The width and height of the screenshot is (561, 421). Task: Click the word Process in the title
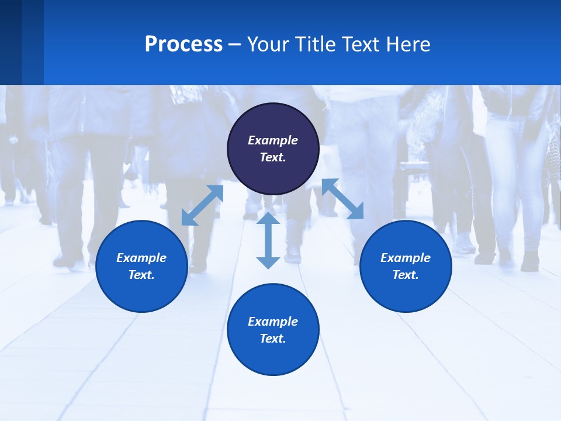point(183,44)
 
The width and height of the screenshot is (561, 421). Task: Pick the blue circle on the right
point(406,292)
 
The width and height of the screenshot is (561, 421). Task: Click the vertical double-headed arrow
point(268,240)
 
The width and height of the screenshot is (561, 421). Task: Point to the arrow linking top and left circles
point(202,205)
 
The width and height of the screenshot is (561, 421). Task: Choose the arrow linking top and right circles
point(342,199)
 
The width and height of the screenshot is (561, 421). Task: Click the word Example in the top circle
point(273,140)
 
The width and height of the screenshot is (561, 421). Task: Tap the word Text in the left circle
point(141,275)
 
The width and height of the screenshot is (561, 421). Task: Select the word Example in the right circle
point(406,258)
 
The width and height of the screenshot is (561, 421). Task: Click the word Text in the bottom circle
point(273,339)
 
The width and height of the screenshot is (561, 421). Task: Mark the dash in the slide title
point(235,44)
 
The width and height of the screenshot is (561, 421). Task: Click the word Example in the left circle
point(141,258)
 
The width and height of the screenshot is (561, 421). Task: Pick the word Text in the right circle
point(406,275)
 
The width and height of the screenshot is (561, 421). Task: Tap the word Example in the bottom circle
point(273,322)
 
